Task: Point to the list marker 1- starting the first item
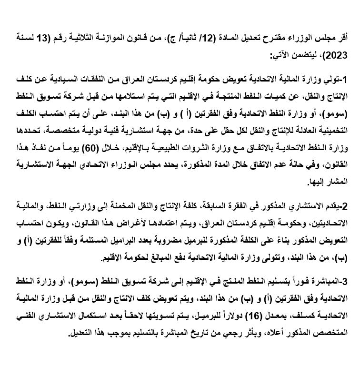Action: point(348,78)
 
